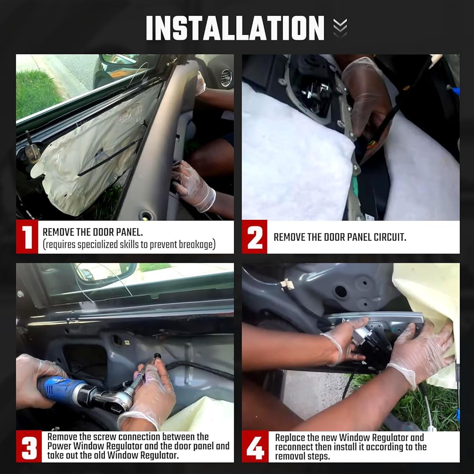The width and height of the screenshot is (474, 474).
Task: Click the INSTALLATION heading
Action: (235, 28)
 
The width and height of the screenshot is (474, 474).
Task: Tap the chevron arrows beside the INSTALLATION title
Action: (340, 28)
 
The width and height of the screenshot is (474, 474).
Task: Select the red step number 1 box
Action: (27, 237)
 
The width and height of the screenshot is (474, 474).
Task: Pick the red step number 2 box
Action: (255, 237)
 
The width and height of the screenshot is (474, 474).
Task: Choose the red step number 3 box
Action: (29, 446)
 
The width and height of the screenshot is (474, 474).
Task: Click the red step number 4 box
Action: (255, 446)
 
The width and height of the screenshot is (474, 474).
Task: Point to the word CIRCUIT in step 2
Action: (390, 237)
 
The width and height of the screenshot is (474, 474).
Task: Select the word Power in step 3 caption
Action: (59, 446)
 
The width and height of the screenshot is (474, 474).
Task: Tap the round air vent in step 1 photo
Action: (227, 78)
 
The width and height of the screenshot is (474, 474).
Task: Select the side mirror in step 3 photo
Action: (104, 273)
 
